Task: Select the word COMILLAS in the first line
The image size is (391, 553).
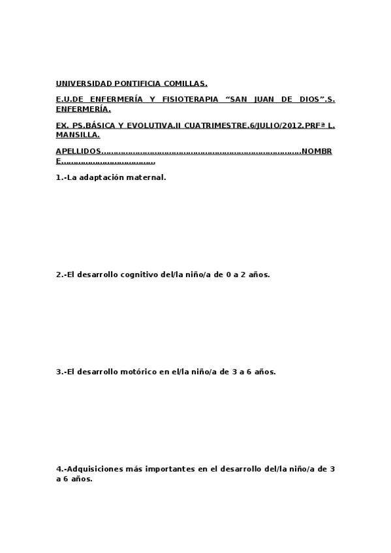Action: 186,83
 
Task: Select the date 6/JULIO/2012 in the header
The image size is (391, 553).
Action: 274,125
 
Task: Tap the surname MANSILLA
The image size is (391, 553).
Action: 77,135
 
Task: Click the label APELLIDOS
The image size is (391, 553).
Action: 78,151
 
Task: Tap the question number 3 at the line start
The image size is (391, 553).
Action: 59,372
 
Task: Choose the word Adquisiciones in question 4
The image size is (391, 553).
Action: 95,469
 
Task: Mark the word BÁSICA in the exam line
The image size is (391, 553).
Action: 102,125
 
